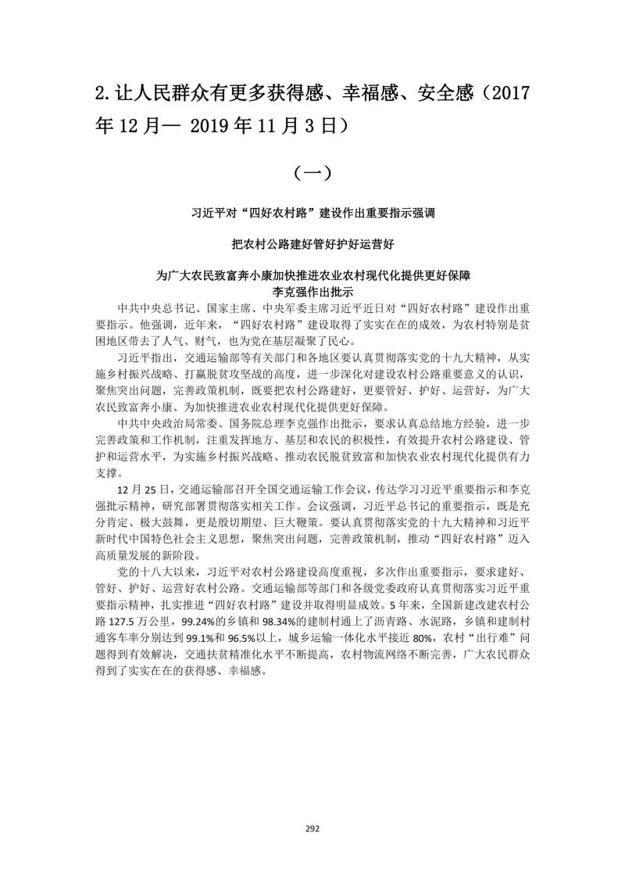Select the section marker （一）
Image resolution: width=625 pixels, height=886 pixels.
[x=312, y=172]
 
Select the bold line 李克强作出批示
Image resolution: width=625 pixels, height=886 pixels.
[x=312, y=290]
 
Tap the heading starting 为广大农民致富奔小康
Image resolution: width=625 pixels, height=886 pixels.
[x=312, y=275]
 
